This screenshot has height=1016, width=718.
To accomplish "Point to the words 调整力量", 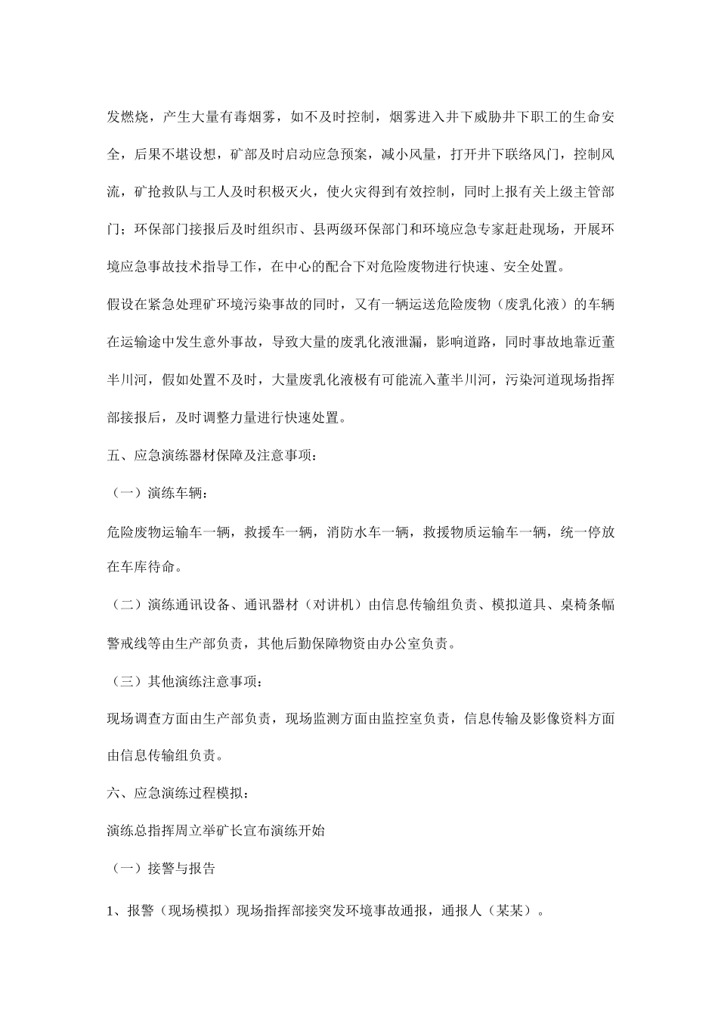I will click(225, 417).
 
